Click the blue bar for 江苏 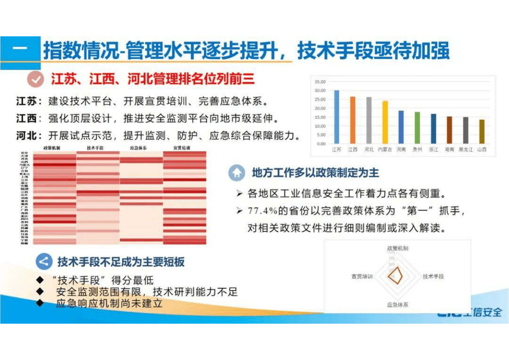click(337, 117)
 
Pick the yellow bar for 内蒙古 click(385, 122)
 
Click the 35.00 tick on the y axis click(320, 82)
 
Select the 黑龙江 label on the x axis click(465, 149)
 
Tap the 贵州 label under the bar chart click(417, 149)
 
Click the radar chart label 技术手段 click(433, 276)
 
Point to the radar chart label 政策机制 click(397, 249)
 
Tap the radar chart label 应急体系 click(397, 305)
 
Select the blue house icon click(236, 173)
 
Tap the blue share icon click(44, 262)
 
